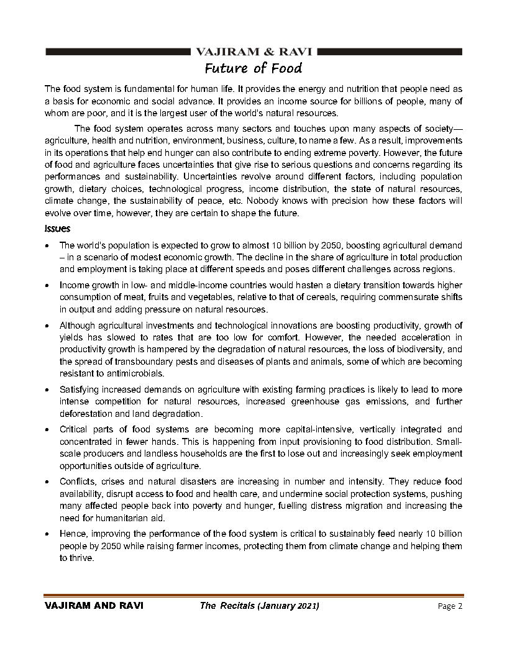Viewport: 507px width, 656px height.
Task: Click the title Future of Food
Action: (x=253, y=68)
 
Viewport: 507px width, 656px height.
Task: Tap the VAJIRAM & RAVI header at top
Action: (x=255, y=52)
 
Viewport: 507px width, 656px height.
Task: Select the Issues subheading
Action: (x=57, y=229)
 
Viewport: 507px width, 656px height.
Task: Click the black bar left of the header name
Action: (x=117, y=52)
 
